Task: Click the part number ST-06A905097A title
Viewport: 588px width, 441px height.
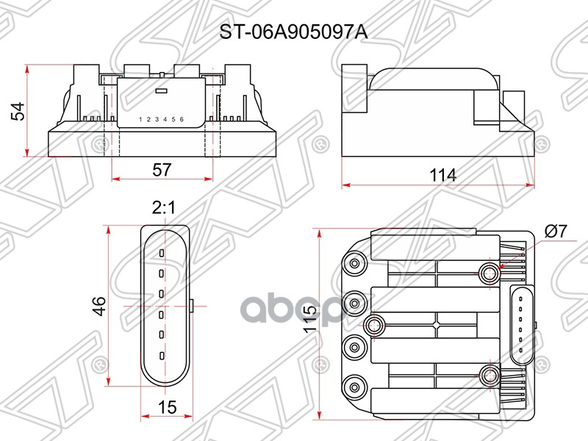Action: (x=293, y=32)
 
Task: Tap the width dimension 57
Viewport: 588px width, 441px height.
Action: (x=162, y=170)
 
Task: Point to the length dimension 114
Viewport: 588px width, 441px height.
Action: (x=443, y=175)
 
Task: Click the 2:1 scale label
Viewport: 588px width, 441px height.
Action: (x=162, y=209)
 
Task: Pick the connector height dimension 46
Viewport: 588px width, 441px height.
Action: (x=99, y=306)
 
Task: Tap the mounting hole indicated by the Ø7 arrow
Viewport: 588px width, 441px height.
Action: (x=489, y=273)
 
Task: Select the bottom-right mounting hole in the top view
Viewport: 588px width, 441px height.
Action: (x=489, y=376)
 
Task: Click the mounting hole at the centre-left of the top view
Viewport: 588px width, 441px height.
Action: (x=373, y=325)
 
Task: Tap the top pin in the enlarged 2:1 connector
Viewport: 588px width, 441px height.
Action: (x=161, y=253)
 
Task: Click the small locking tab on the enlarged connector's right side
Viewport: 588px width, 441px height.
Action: (x=190, y=304)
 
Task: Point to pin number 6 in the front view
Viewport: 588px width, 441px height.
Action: (x=182, y=119)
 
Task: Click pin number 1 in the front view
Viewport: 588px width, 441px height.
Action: (x=140, y=119)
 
